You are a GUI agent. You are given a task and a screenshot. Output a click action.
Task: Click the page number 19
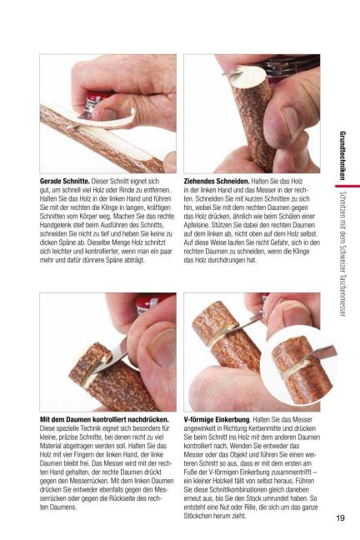[x=340, y=518]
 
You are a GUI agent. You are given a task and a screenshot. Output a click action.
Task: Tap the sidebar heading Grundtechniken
[x=342, y=156]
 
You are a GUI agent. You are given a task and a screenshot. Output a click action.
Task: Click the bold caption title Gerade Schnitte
[x=65, y=181]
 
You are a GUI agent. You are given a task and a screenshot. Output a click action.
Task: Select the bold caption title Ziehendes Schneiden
[x=217, y=181]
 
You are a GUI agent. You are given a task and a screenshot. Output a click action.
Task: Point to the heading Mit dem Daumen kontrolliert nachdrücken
[x=104, y=420]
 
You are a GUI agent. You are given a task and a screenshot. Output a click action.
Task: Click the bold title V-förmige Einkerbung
[x=217, y=420]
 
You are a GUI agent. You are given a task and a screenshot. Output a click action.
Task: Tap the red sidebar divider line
[x=347, y=187]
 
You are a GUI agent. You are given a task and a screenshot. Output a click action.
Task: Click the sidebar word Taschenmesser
[x=342, y=295]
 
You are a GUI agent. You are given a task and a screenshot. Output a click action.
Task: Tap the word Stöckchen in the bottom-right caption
[x=197, y=516]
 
